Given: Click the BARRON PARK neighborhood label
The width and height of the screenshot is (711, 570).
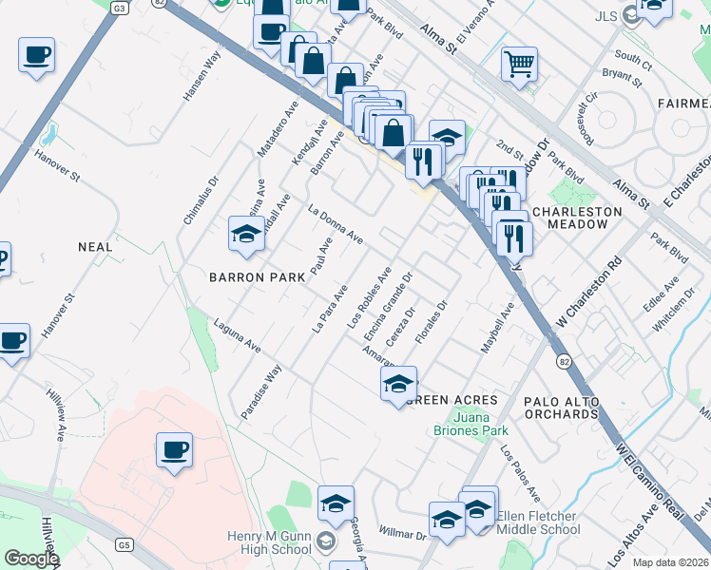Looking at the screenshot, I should point(258,277).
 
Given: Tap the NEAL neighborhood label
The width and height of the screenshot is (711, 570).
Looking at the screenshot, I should point(95,247).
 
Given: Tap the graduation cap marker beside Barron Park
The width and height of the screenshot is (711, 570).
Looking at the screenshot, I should point(246,235).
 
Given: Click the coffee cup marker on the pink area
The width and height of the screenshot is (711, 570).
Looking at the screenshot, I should point(174,450).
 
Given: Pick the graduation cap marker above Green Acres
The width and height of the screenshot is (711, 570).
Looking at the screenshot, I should point(399,385).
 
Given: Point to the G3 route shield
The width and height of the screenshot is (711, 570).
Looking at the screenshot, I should point(119,8).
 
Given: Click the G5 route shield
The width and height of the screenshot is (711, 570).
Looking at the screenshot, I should point(124,544).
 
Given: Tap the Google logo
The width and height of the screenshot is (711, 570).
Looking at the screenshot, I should point(31,559).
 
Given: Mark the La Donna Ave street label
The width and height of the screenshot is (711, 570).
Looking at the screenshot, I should point(336,222).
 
